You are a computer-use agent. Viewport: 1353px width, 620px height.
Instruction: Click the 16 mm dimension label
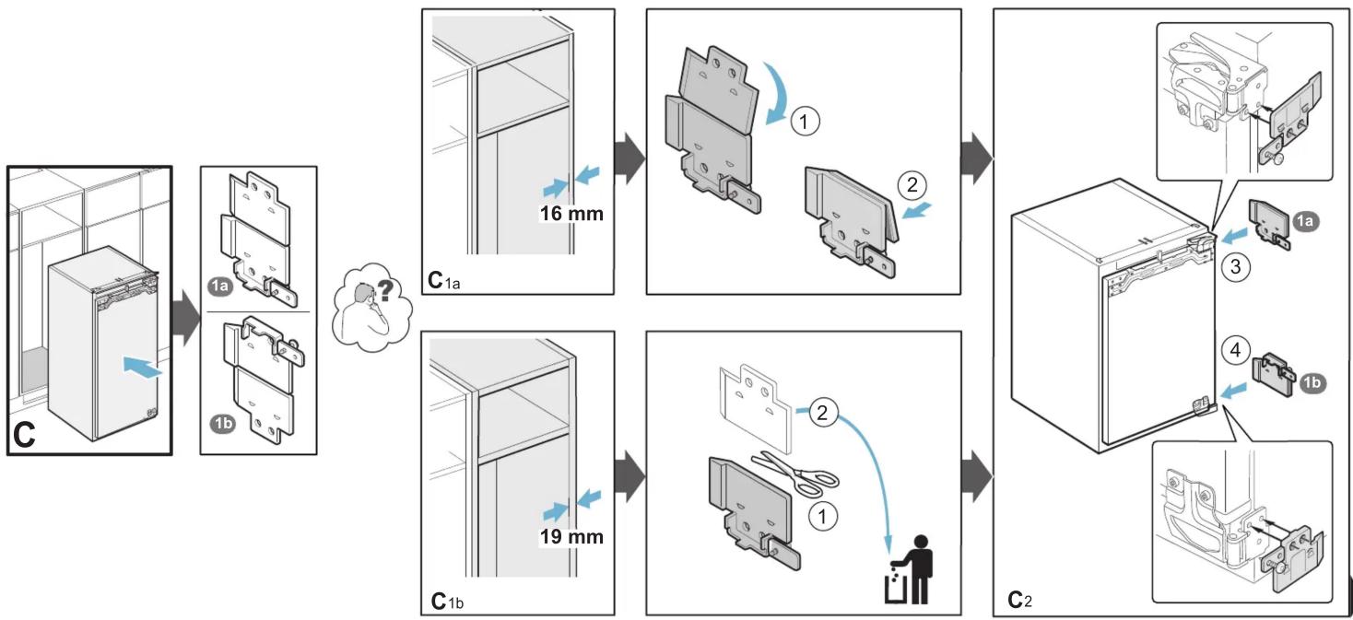pyautogui.click(x=571, y=213)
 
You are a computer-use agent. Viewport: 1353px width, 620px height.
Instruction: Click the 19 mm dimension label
pyautogui.click(x=571, y=536)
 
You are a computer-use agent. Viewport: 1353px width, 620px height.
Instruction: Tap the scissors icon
pyautogui.click(x=795, y=474)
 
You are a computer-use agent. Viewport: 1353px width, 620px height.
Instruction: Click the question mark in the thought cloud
pyautogui.click(x=384, y=290)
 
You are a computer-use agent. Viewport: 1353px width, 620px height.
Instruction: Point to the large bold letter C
pyautogui.click(x=24, y=435)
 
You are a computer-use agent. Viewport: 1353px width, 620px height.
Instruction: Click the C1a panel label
pyautogui.click(x=444, y=281)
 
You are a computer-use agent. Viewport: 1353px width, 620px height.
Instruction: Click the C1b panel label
pyautogui.click(x=448, y=602)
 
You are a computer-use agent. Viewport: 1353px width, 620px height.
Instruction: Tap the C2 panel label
pyautogui.click(x=1020, y=600)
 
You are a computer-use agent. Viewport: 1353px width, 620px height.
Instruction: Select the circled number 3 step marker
pyautogui.click(x=1235, y=266)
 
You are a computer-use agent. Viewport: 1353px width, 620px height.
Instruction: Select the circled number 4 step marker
pyautogui.click(x=1235, y=350)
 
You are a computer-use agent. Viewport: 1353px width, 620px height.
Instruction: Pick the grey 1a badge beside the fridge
pyautogui.click(x=1305, y=221)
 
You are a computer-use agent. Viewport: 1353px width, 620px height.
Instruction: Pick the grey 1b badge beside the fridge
pyautogui.click(x=1311, y=382)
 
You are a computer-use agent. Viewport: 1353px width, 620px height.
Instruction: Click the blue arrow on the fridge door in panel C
pyautogui.click(x=143, y=366)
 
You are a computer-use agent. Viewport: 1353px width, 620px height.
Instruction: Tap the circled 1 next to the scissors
pyautogui.click(x=822, y=517)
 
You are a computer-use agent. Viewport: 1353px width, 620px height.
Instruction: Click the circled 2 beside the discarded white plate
pyautogui.click(x=822, y=413)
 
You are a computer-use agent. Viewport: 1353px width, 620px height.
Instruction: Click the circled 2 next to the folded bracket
pyautogui.click(x=912, y=185)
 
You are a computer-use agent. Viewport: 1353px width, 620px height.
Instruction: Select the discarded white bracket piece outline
pyautogui.click(x=755, y=408)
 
